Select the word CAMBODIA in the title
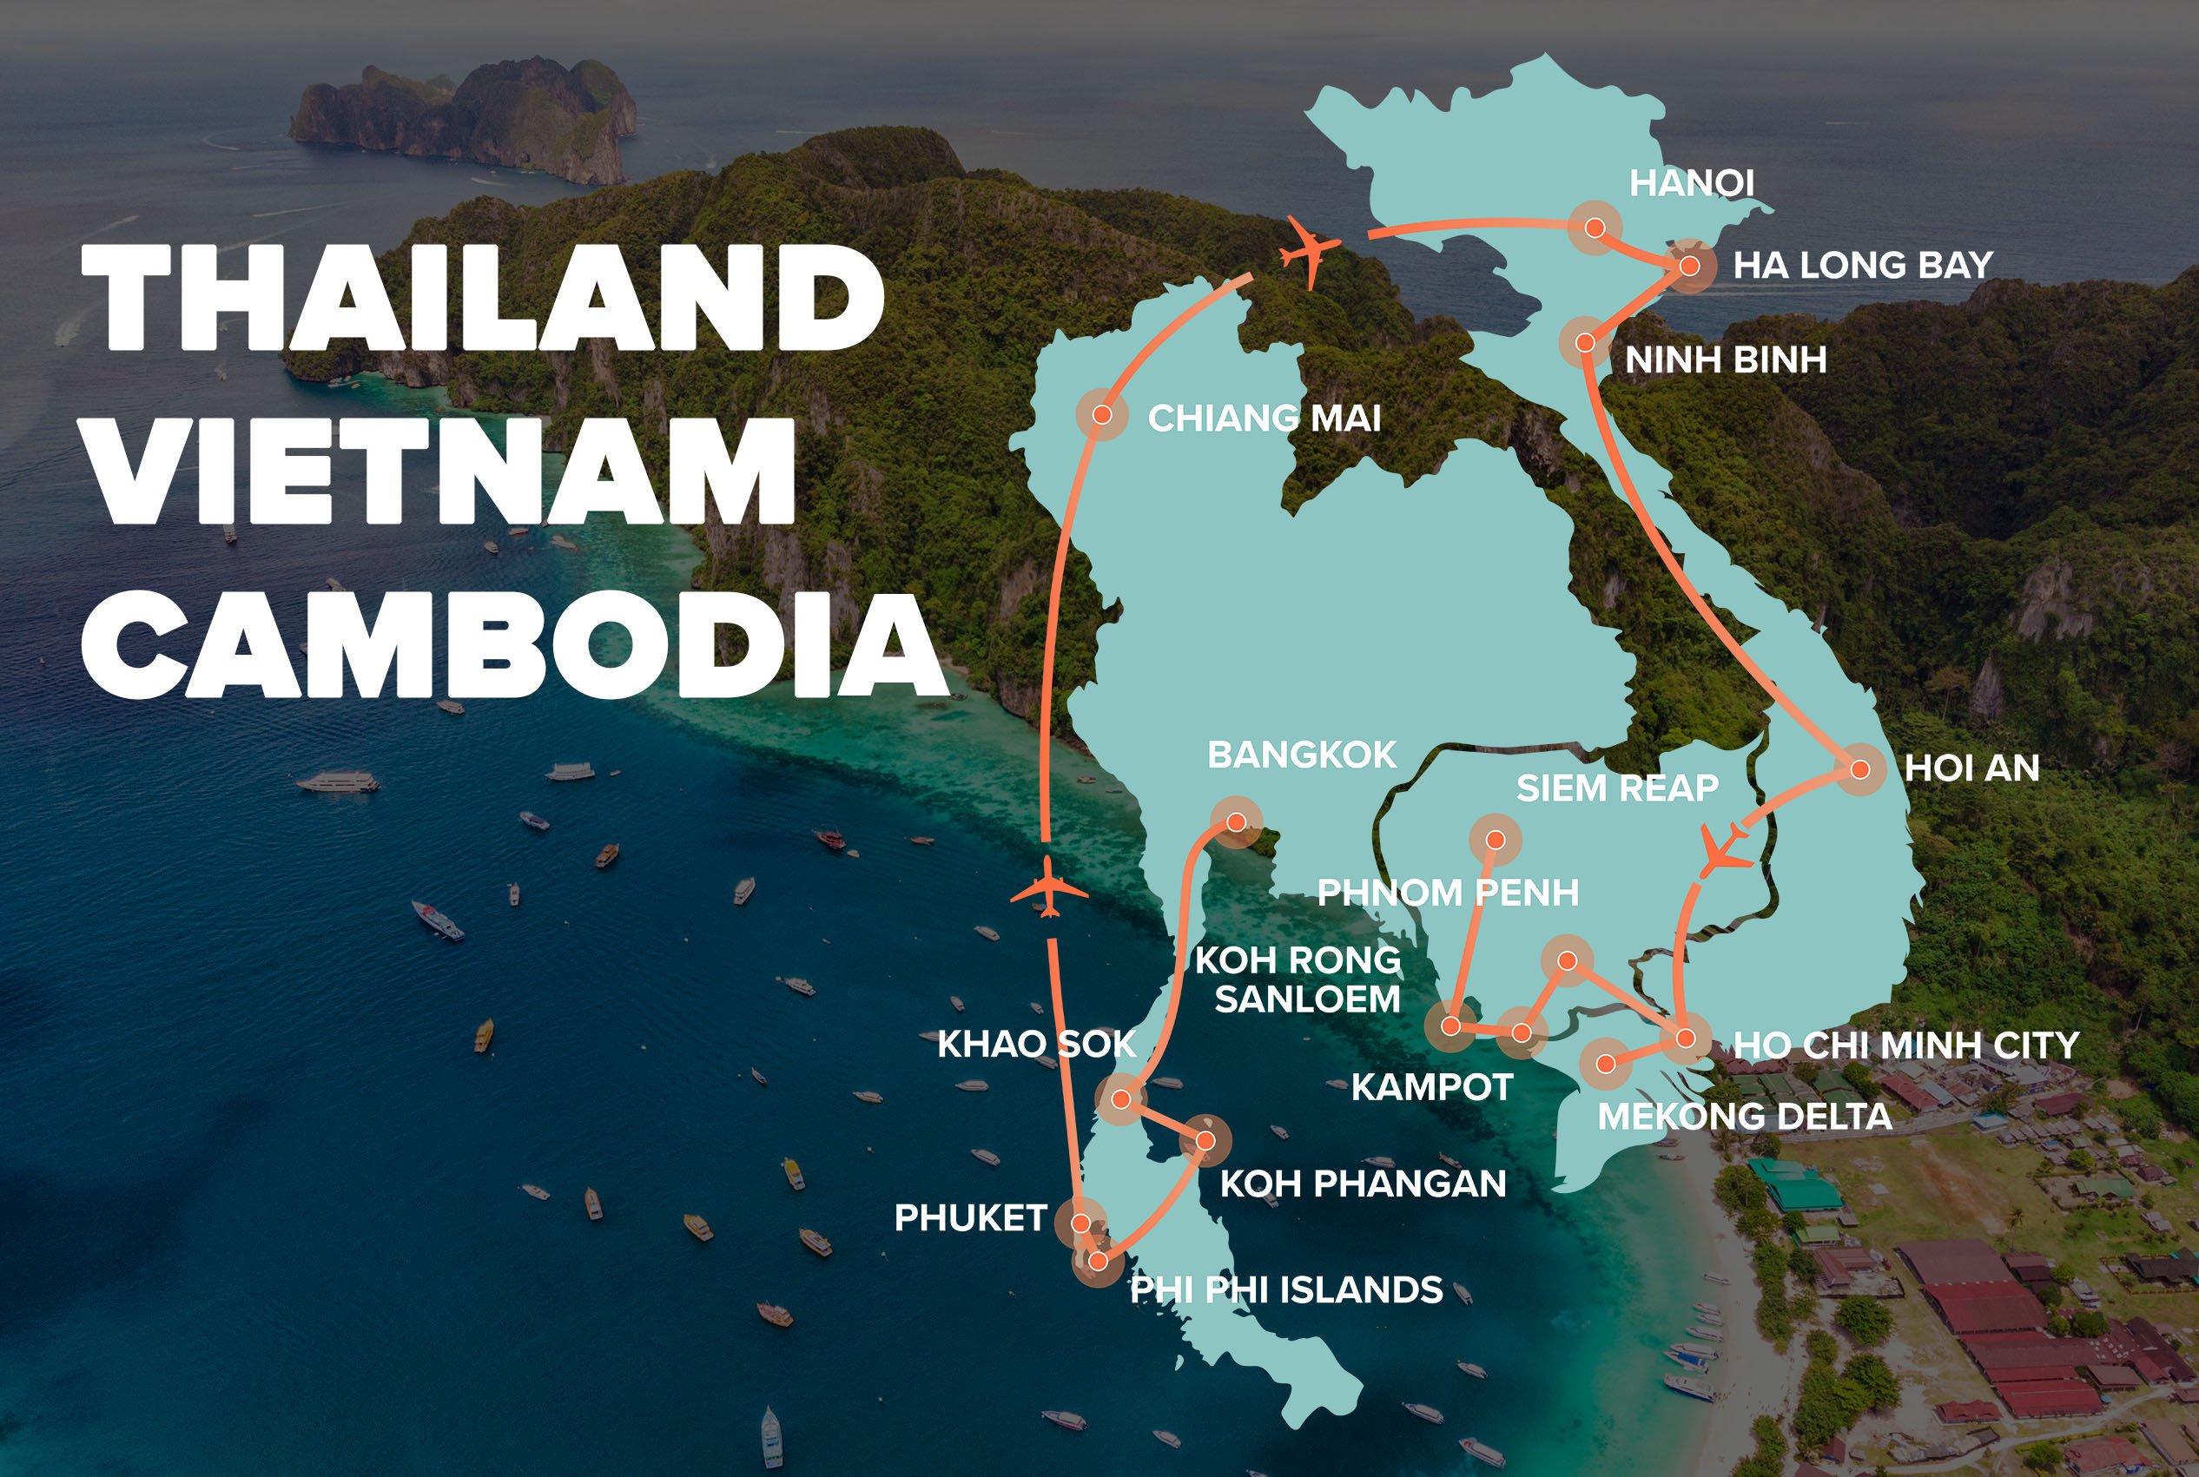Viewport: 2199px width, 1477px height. point(513,645)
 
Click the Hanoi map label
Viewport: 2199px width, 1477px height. point(1691,184)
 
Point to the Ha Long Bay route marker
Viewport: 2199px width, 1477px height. point(1689,267)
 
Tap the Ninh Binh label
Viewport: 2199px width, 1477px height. point(1725,359)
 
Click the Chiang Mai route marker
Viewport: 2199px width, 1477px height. point(1101,414)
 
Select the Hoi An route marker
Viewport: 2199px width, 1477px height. point(1859,769)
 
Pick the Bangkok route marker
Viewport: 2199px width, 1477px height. point(1236,822)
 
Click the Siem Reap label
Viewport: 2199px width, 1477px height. point(1617,788)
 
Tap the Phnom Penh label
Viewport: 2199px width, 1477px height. point(1447,892)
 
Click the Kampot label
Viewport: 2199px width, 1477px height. point(1431,1087)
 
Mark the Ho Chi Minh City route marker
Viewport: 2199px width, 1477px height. point(1686,1040)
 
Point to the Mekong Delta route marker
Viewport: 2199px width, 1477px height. point(1607,1065)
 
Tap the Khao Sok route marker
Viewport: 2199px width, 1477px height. point(1120,1098)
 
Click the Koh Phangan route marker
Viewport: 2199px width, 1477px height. point(1205,1141)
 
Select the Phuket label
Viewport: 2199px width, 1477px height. point(969,1218)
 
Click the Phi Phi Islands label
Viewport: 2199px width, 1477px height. point(1285,1289)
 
